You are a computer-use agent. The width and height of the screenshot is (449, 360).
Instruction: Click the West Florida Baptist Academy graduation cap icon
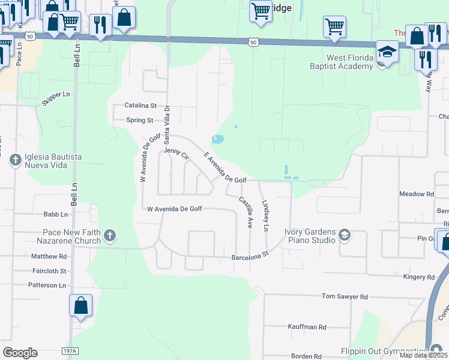(x=388, y=52)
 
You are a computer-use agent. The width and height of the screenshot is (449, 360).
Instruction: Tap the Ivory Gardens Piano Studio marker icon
(x=344, y=235)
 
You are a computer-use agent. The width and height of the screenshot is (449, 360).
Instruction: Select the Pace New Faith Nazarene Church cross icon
(x=109, y=236)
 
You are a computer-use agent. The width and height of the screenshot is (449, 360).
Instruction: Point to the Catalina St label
(x=140, y=105)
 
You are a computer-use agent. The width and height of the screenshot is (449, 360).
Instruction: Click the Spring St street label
(x=140, y=120)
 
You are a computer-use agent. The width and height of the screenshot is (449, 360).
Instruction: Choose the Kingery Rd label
(x=418, y=277)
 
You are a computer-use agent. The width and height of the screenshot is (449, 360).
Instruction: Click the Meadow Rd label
(x=417, y=194)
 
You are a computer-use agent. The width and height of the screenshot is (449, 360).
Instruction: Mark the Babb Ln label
(x=55, y=214)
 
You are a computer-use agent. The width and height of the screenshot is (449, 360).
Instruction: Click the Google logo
(x=20, y=352)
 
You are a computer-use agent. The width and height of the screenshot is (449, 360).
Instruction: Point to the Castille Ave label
(x=246, y=212)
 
